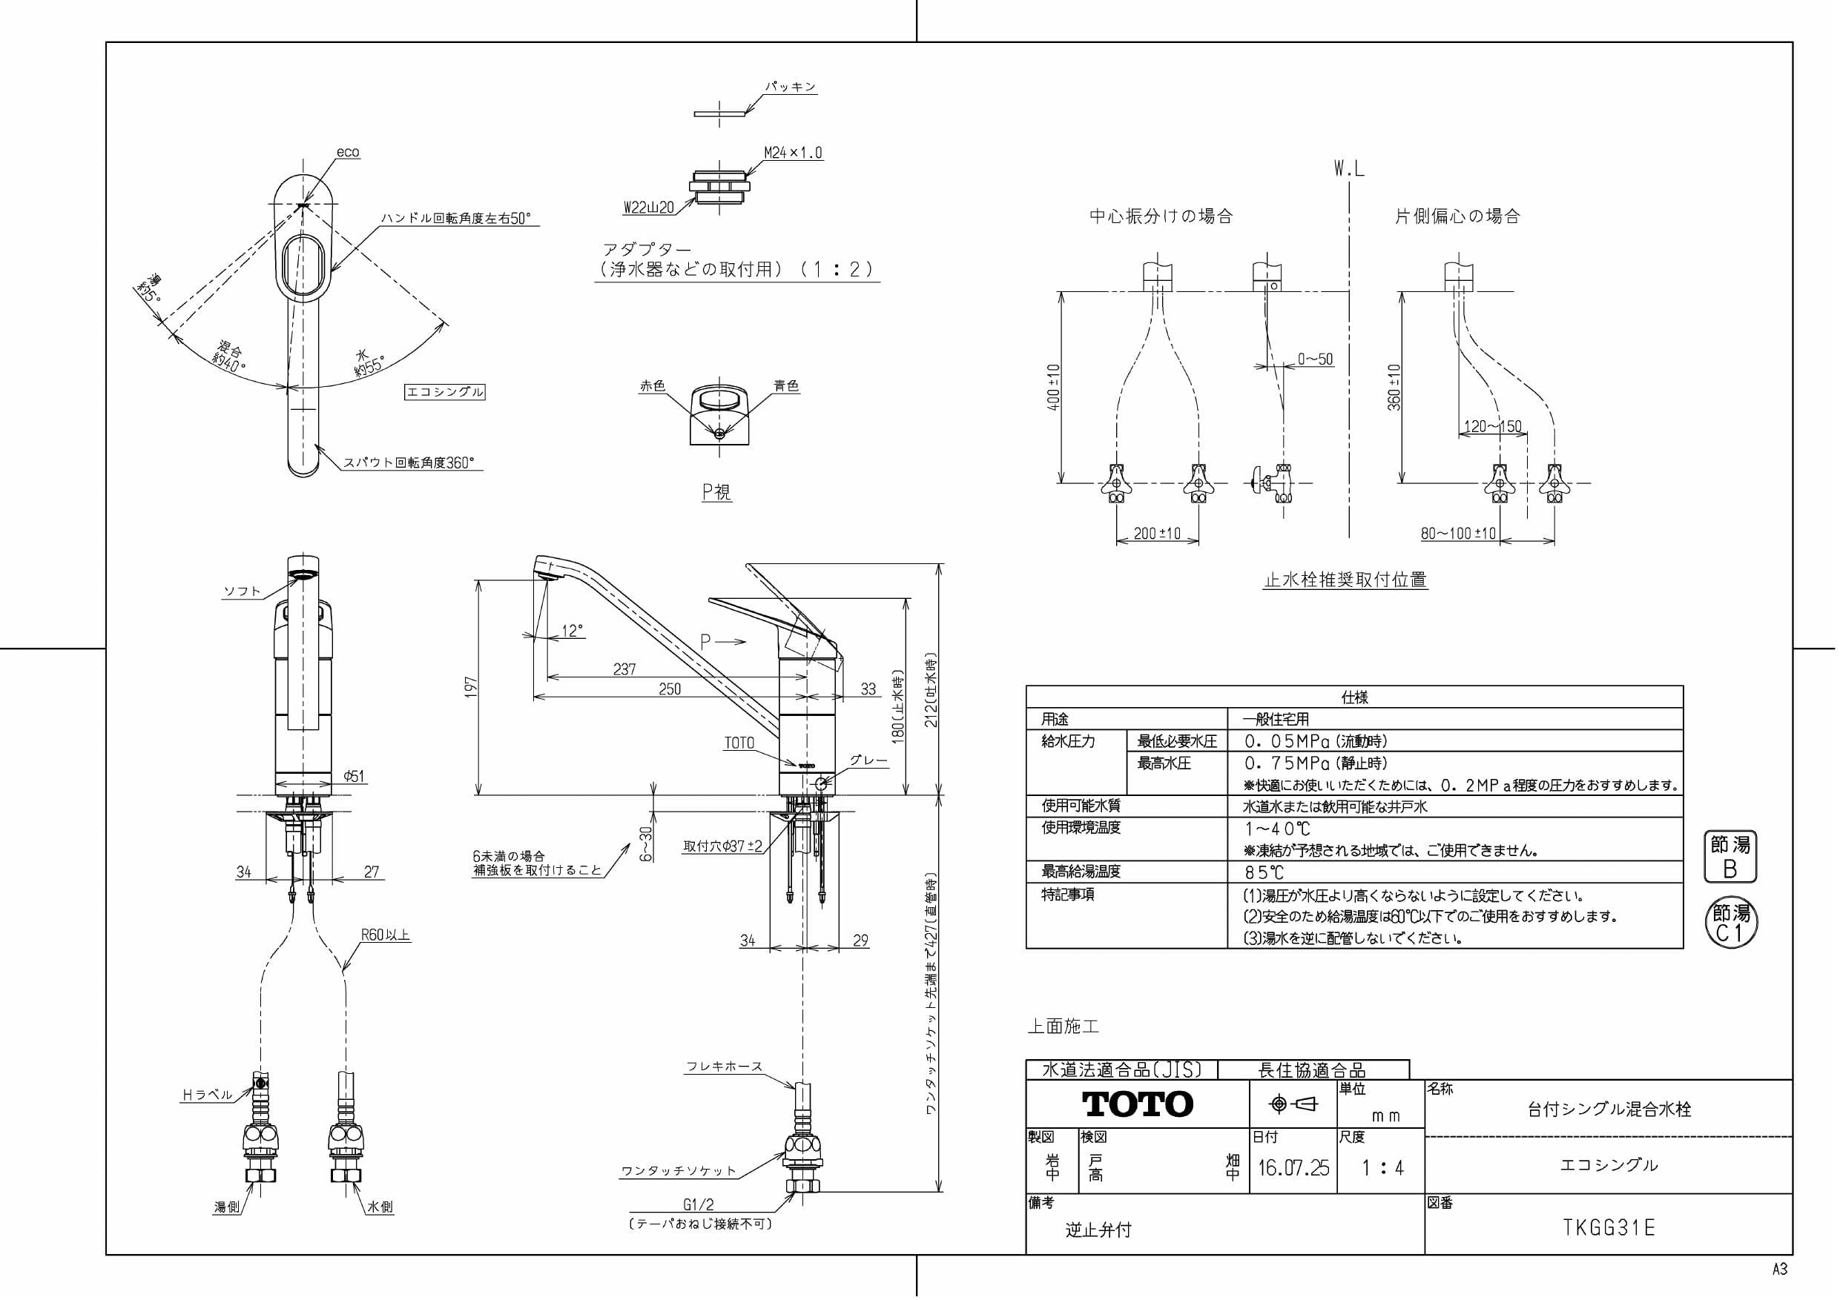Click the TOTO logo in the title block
[x=1137, y=1104]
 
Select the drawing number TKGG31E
[x=1609, y=1228]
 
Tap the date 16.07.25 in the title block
[x=1293, y=1168]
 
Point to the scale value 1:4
[x=1382, y=1168]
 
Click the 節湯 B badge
[x=1729, y=857]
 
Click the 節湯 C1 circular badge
[x=1729, y=923]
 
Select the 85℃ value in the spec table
[x=1264, y=872]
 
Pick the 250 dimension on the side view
[x=669, y=689]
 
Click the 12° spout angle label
[x=571, y=631]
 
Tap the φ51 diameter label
[x=354, y=775]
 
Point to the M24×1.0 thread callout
[x=793, y=153]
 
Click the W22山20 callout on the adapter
[x=648, y=208]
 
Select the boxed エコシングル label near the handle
[x=445, y=391]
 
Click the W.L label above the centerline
[x=1349, y=169]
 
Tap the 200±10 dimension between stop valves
[x=1157, y=534]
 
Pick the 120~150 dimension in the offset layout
[x=1492, y=427]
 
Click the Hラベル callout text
[x=208, y=1094]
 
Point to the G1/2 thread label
[x=698, y=1204]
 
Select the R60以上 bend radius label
[x=386, y=935]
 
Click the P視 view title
[x=716, y=492]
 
